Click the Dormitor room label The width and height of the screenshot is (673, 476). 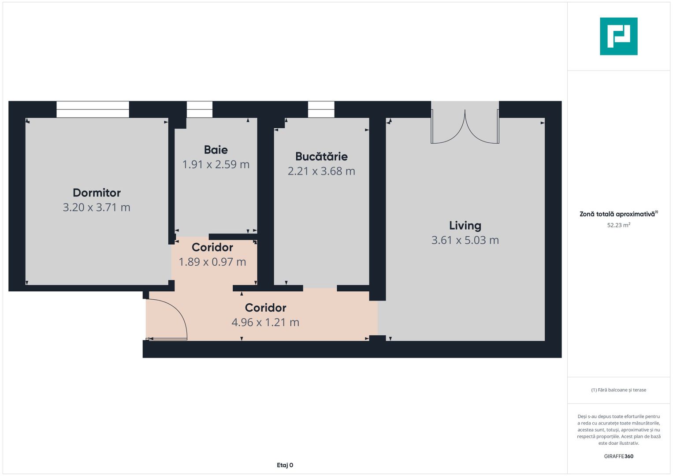[97, 193]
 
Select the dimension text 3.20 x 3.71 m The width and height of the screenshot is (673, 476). [97, 207]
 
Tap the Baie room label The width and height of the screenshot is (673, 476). [216, 150]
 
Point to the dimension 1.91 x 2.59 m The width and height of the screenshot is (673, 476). [216, 164]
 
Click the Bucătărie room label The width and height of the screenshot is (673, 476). [321, 156]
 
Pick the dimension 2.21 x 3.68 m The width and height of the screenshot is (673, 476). [321, 171]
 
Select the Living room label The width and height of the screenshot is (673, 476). [465, 226]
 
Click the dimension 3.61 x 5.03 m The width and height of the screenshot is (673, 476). [465, 240]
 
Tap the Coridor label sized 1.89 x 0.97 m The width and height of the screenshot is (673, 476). [212, 247]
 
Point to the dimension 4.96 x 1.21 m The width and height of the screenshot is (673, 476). [265, 322]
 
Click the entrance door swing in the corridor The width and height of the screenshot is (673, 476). [167, 320]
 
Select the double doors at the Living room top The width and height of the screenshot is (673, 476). [465, 128]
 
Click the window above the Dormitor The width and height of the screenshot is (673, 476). [93, 109]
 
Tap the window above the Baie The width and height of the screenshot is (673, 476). [199, 109]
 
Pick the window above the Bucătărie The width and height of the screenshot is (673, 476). [321, 109]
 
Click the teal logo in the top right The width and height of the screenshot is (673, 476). [618, 36]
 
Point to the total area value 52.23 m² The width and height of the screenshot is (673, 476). [618, 225]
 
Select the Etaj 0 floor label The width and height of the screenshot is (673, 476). [285, 465]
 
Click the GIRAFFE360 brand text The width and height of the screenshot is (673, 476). [618, 456]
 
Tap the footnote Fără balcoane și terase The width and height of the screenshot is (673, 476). [618, 390]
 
